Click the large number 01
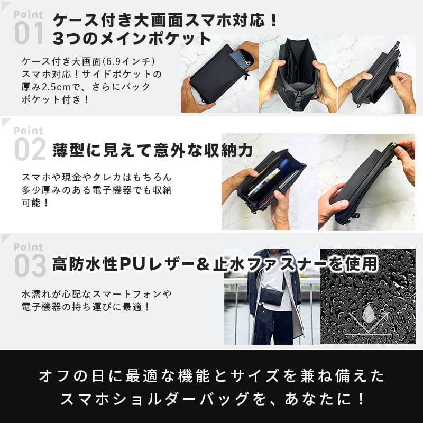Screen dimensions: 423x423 29,33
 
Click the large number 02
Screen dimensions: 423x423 30,149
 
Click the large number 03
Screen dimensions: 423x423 30,265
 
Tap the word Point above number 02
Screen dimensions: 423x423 29,131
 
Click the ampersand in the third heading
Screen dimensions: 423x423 203,264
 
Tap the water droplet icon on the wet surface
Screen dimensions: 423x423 369,313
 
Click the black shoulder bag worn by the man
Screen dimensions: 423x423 272,296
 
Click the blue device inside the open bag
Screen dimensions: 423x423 283,164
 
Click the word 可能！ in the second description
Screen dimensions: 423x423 35,203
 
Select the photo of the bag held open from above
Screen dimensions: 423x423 298,74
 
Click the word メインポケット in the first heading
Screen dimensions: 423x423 155,39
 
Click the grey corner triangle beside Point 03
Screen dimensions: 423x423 5,238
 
